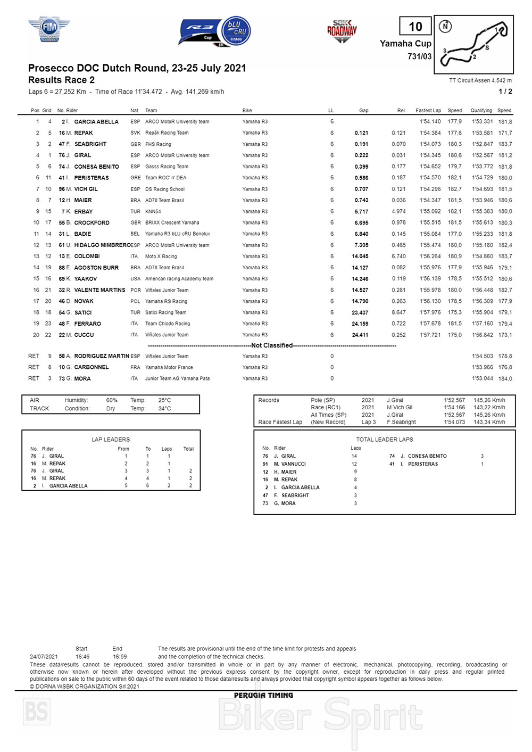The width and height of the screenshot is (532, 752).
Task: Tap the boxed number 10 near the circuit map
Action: [415, 26]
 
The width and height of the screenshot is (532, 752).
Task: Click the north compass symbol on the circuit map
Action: [445, 26]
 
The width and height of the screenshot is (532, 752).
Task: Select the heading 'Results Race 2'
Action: [61, 80]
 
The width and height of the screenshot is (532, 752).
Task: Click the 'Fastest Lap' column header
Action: [428, 111]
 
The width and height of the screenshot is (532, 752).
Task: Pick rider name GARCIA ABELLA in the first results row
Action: [96, 122]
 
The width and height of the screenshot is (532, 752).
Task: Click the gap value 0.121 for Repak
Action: [361, 133]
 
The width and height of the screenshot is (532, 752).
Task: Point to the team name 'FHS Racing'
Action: [158, 144]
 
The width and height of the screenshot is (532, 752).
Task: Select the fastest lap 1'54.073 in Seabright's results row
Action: [430, 144]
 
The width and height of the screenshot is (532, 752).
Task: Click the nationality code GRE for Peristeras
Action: [135, 178]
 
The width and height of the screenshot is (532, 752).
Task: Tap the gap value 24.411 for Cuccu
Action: [360, 335]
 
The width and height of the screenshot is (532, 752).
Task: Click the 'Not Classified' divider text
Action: [272, 345]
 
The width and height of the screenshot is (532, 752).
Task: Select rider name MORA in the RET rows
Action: [82, 379]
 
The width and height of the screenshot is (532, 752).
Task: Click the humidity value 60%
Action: [112, 400]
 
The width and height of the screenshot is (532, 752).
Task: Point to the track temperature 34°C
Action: [164, 409]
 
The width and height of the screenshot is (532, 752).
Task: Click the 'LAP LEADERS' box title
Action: [111, 440]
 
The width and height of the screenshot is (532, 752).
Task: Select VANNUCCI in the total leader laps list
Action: [293, 464]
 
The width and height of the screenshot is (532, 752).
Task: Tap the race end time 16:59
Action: [120, 657]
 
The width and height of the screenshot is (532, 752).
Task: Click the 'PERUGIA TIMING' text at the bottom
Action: [263, 696]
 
